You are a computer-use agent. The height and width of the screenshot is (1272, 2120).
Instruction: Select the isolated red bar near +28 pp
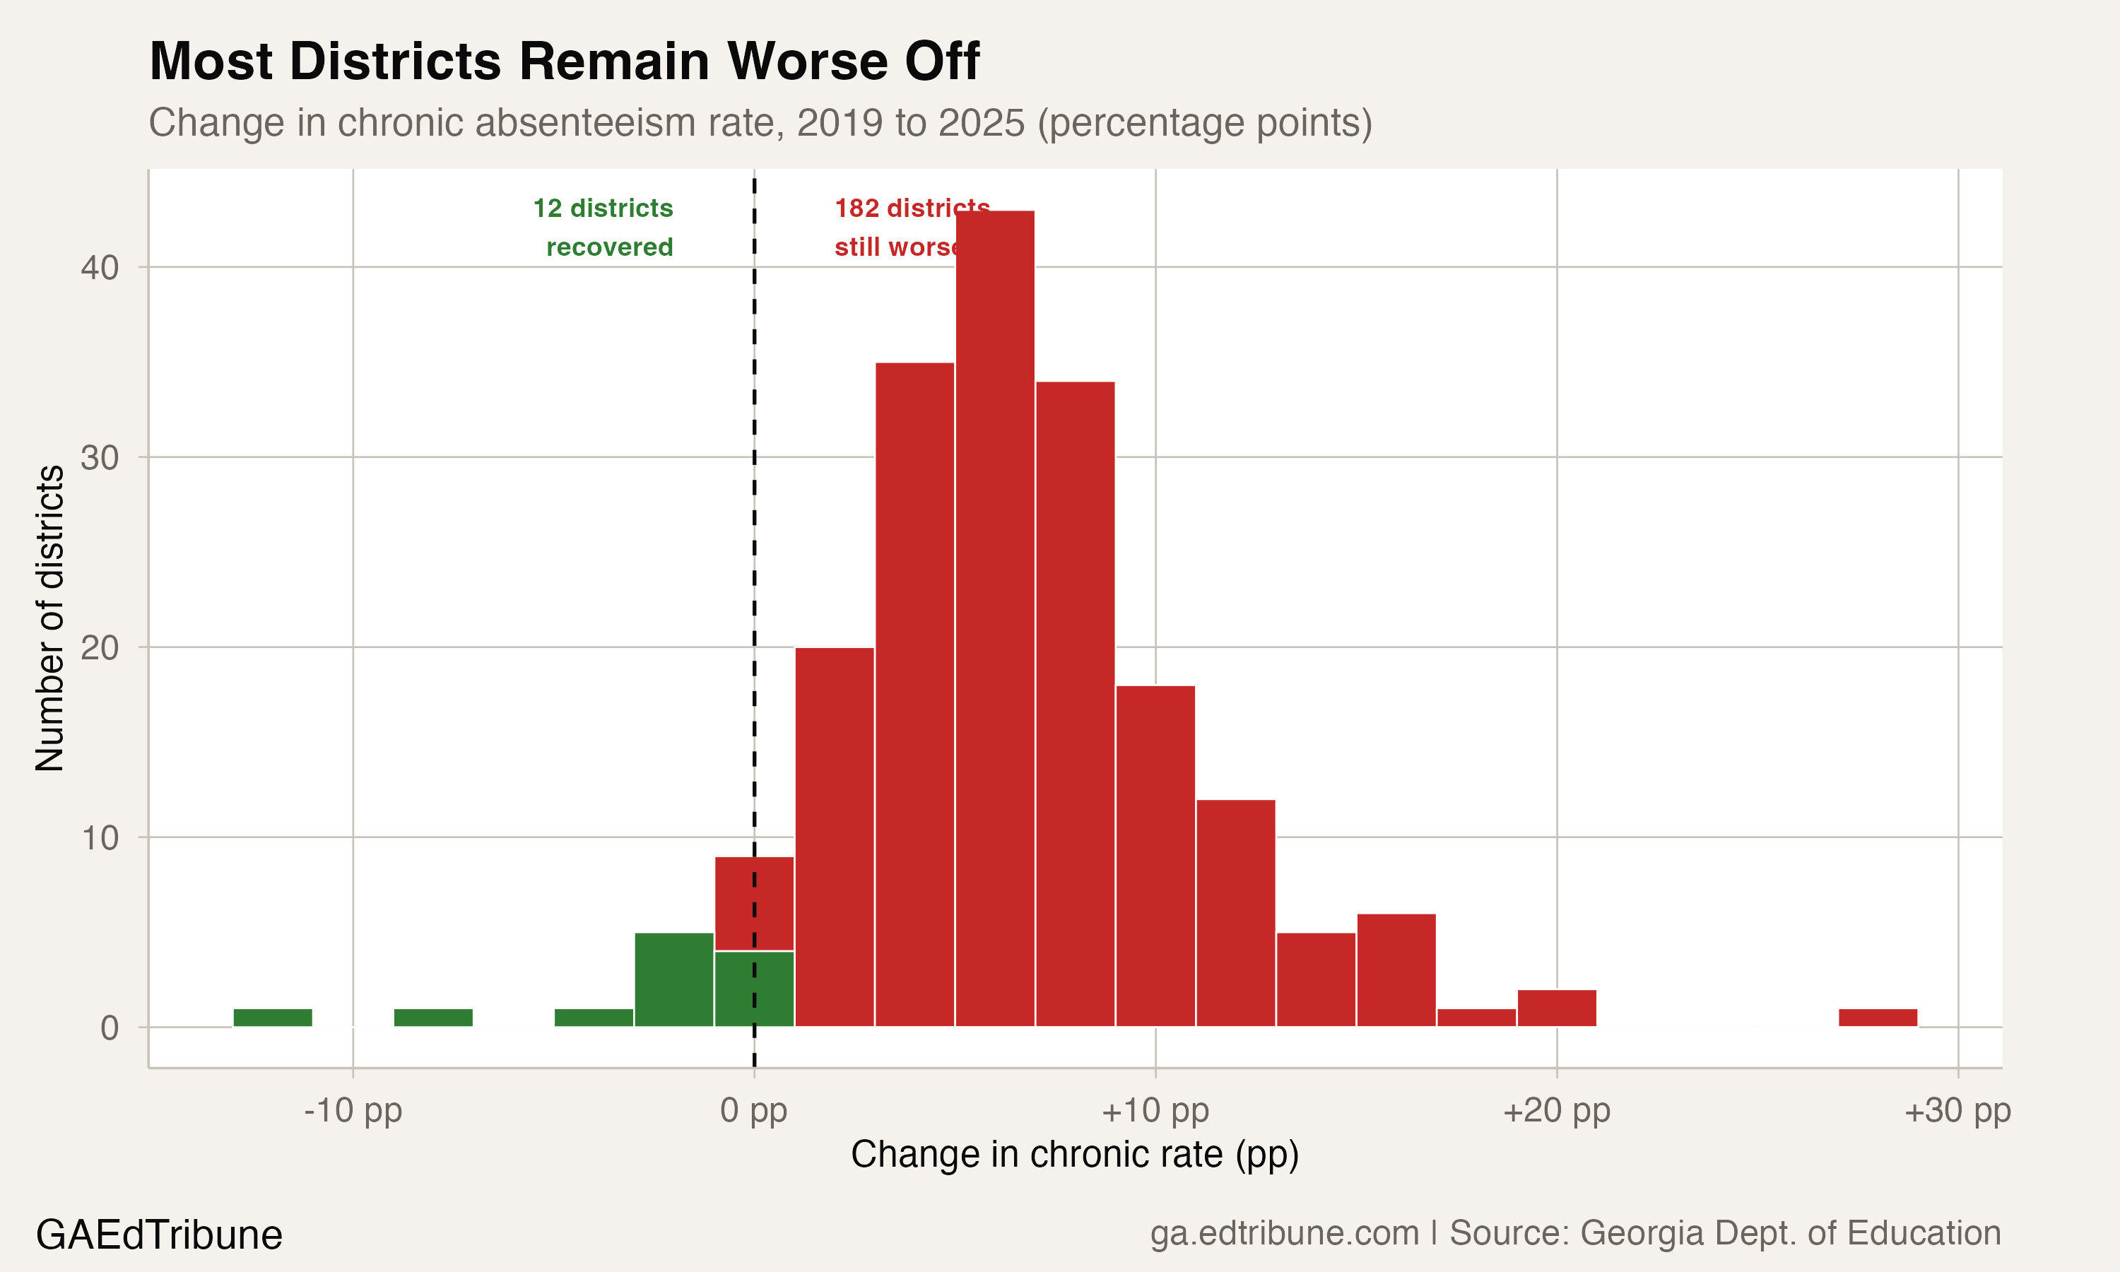coord(1878,1018)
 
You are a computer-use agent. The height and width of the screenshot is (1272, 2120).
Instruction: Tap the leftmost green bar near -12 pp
coord(273,1018)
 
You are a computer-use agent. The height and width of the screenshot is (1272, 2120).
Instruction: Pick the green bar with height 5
coord(673,979)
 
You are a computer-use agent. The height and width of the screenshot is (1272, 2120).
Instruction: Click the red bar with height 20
coord(835,837)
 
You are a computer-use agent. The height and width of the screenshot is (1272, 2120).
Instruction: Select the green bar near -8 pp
coord(432,1018)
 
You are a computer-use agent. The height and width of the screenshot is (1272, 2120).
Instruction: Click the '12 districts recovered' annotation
coord(605,227)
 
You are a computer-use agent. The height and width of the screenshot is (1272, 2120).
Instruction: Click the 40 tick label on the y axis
coord(100,267)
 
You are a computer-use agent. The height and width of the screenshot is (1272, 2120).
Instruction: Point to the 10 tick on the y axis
coord(100,837)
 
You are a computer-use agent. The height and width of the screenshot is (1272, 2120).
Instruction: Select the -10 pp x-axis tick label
coord(353,1111)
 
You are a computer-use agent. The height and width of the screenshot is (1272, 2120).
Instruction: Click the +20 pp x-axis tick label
coord(1556,1111)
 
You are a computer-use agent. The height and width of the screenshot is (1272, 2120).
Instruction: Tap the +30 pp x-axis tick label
coord(1957,1111)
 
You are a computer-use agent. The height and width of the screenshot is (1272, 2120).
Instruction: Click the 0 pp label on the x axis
coord(753,1111)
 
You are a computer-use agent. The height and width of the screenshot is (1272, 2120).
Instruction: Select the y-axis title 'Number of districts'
coord(49,617)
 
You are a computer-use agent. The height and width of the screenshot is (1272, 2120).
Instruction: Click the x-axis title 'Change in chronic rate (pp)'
coord(1075,1155)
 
